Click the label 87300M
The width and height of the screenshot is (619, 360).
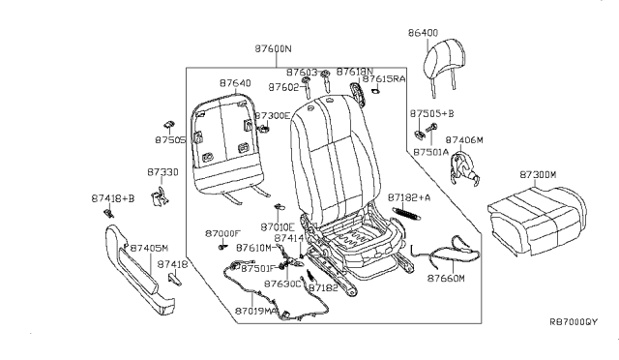[x=539, y=174]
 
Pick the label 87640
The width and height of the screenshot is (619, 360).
[x=235, y=83]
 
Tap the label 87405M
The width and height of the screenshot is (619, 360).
[x=149, y=248]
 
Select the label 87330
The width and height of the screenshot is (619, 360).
[x=162, y=171]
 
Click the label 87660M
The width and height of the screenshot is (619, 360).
[x=446, y=278]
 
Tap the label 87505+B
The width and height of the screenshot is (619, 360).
[x=431, y=112]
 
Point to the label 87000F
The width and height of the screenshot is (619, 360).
[x=222, y=233]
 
